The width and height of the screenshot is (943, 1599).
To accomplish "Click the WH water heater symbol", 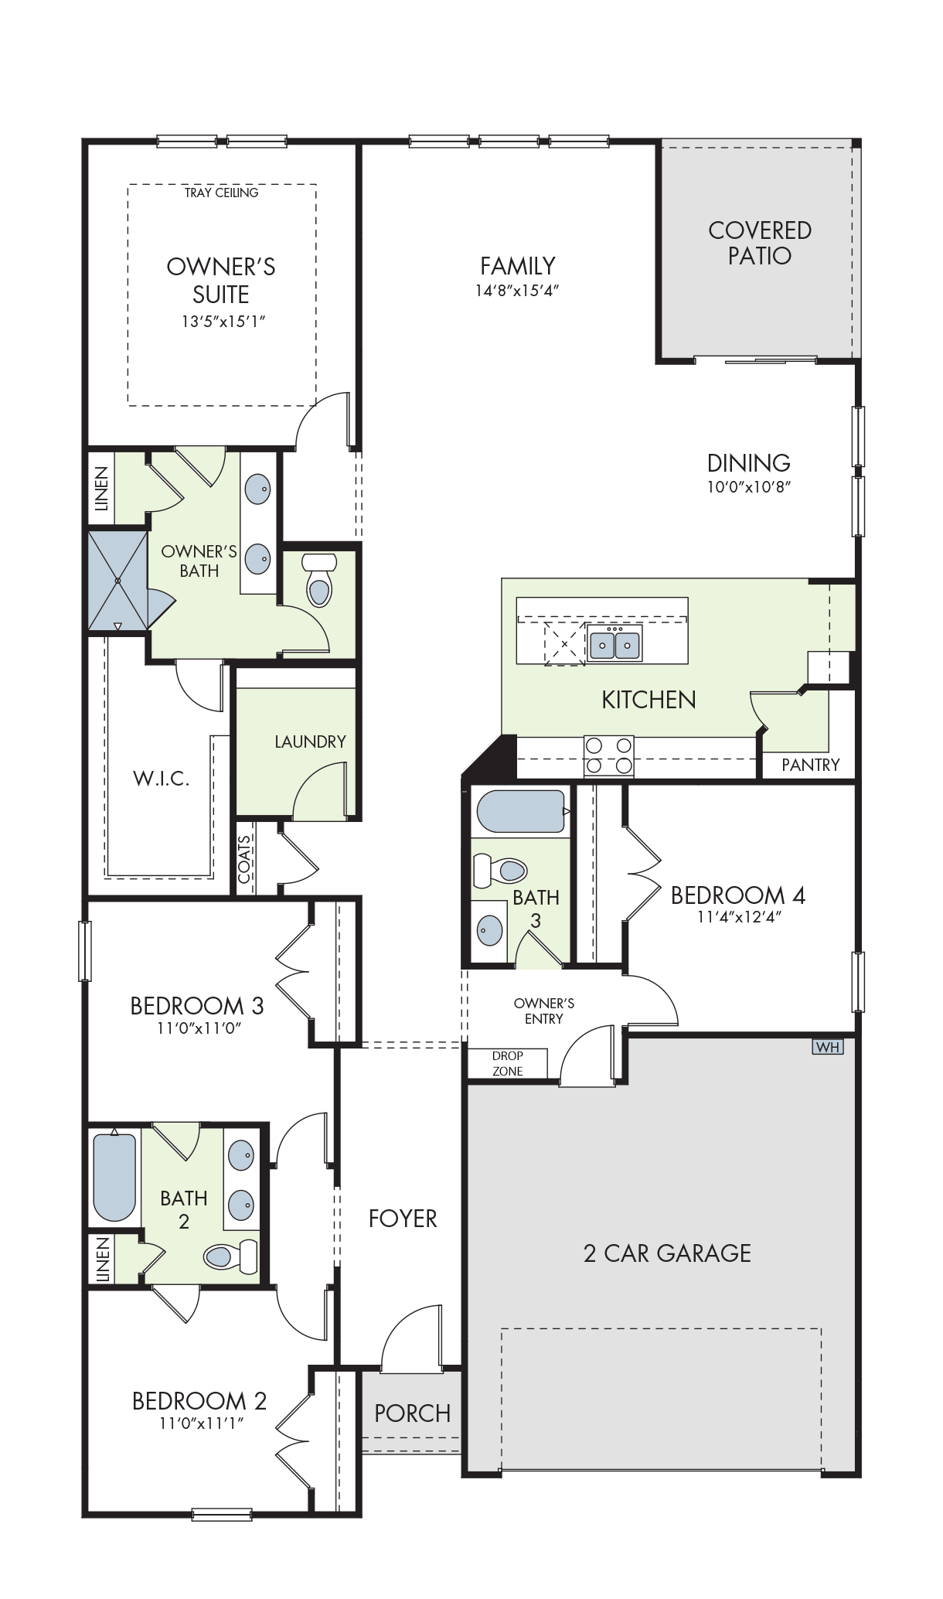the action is pyautogui.click(x=827, y=1047).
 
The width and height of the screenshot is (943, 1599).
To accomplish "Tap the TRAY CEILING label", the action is pyautogui.click(x=221, y=193).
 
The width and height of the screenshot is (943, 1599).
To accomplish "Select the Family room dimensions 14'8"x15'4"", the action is pyautogui.click(x=517, y=291).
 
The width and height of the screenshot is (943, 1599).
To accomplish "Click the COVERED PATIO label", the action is pyautogui.click(x=760, y=243).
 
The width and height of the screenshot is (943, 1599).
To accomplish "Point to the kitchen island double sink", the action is pyautogui.click(x=615, y=643).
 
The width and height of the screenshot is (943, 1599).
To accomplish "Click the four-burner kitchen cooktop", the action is pyautogui.click(x=608, y=755).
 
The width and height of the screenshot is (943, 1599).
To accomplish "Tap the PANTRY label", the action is pyautogui.click(x=810, y=765).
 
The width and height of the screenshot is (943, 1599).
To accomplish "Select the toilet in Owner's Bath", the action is pyautogui.click(x=318, y=579).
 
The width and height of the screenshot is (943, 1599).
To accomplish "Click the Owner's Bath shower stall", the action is pyautogui.click(x=117, y=581).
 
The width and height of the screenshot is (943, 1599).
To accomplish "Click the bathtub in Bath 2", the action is pyautogui.click(x=114, y=1175).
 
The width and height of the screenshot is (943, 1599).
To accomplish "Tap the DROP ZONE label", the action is pyautogui.click(x=508, y=1063).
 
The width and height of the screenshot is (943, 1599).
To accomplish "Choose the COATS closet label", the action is pyautogui.click(x=244, y=860).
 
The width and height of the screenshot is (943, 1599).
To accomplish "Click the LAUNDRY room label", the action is pyautogui.click(x=310, y=742).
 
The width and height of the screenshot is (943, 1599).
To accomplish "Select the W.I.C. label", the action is pyautogui.click(x=161, y=778).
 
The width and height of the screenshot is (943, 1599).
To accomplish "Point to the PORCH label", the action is pyautogui.click(x=412, y=1413).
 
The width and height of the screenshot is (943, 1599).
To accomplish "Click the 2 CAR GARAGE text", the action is pyautogui.click(x=667, y=1253).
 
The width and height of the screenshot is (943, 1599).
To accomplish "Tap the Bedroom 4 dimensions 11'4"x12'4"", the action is pyautogui.click(x=740, y=918).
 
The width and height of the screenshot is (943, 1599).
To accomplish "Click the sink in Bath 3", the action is pyautogui.click(x=489, y=929).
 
